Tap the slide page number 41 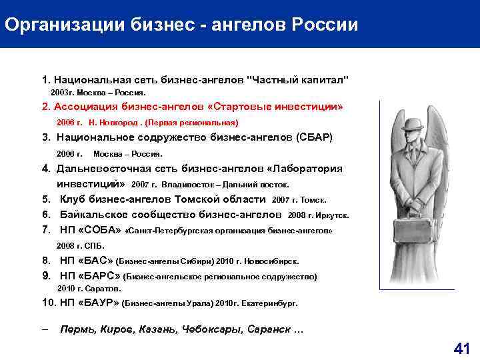point(461,347)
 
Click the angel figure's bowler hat point(412,125)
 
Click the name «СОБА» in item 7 point(100,230)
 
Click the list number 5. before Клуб point(46,199)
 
